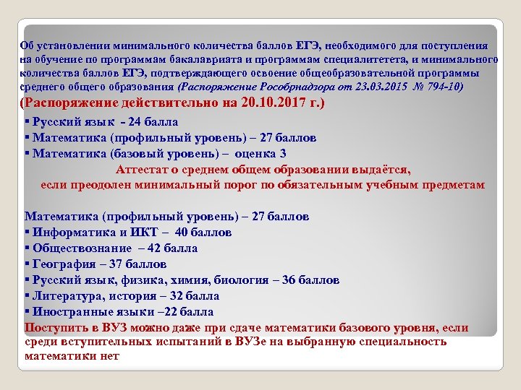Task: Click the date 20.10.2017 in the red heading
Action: coord(279,104)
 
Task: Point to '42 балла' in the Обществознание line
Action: coord(172,248)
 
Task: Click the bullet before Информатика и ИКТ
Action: coord(27,233)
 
